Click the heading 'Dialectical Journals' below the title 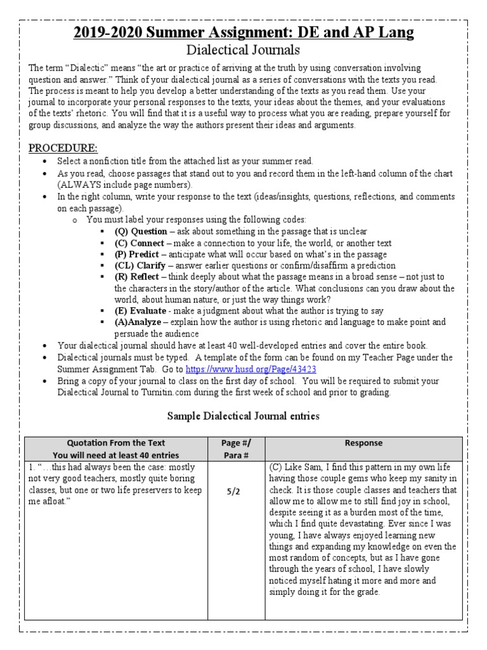[x=243, y=50]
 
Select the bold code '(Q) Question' [x=141, y=232]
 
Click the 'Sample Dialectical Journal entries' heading [x=243, y=416]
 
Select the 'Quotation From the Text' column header [x=116, y=443]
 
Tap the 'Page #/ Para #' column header [x=237, y=449]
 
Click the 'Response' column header [x=363, y=443]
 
